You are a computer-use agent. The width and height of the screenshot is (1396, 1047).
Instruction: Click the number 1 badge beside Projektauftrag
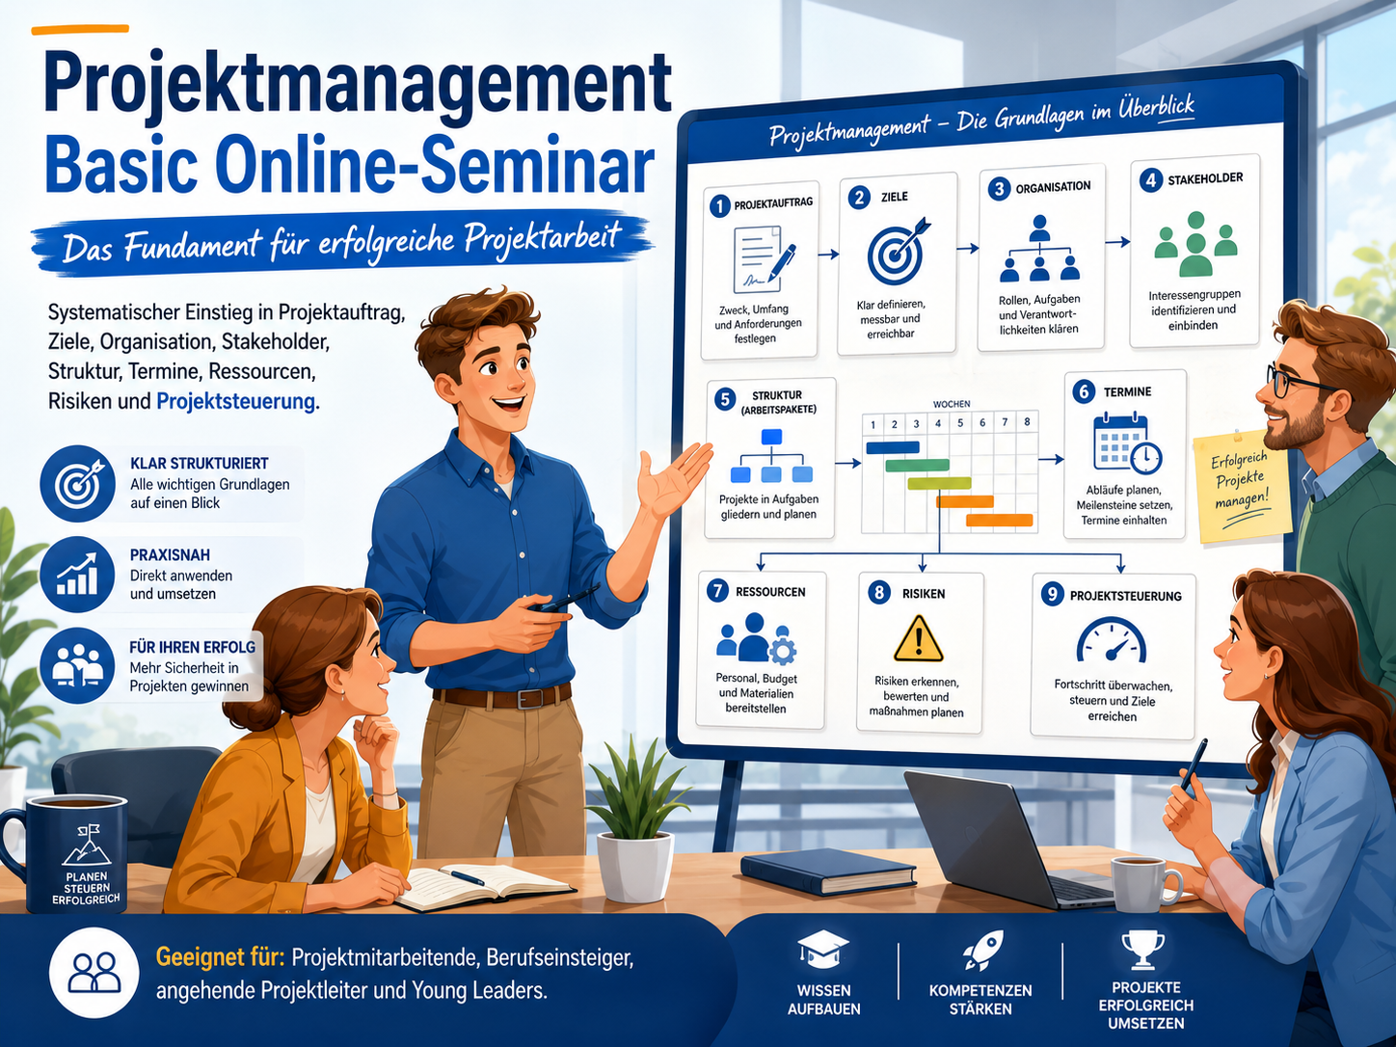click(719, 206)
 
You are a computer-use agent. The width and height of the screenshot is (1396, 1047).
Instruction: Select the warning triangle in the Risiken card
click(918, 639)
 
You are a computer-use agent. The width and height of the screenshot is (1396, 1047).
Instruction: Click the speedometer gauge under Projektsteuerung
click(1111, 640)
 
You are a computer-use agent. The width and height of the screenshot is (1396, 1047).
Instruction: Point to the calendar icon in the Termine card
click(1126, 443)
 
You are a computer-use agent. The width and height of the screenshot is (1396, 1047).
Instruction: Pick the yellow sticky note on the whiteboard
click(1241, 486)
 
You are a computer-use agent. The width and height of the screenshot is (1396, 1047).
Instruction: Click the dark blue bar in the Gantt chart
click(893, 447)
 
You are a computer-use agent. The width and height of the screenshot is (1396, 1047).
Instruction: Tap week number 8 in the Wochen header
click(1027, 421)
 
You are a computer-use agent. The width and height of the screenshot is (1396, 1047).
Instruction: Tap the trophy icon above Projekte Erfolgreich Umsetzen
click(1142, 950)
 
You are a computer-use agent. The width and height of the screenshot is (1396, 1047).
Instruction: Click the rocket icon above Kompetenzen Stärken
click(982, 951)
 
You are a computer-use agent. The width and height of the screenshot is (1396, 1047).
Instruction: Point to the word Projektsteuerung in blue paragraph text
click(236, 402)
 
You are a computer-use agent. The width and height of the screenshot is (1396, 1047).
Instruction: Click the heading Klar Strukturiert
click(199, 464)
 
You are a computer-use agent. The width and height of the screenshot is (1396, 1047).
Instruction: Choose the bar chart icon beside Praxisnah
click(77, 574)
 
